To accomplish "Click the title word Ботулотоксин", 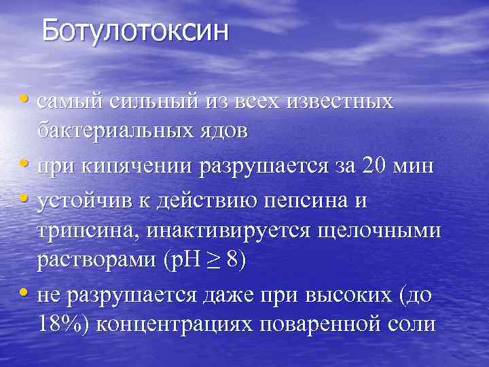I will click(135, 32).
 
